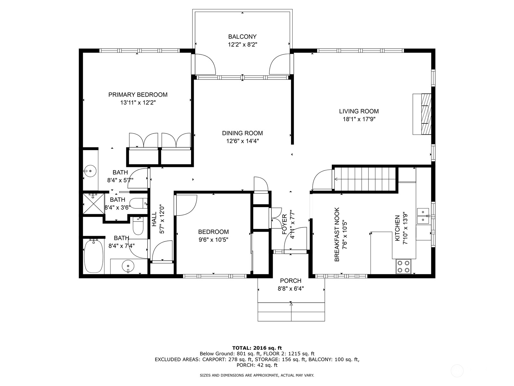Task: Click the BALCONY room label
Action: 242,37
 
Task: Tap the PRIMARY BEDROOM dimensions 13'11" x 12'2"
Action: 138,103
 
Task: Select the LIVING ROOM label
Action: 359,111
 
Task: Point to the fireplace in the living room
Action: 422,114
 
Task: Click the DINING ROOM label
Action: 242,133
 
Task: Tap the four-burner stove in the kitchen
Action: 404,266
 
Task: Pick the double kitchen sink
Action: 423,216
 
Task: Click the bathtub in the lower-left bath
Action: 93,256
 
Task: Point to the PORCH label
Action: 290,281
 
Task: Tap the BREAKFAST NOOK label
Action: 337,234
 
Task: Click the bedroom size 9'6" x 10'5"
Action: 213,240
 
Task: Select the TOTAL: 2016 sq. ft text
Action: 257,348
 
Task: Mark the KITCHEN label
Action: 397,228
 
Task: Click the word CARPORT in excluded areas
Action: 213,359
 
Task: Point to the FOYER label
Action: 284,224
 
